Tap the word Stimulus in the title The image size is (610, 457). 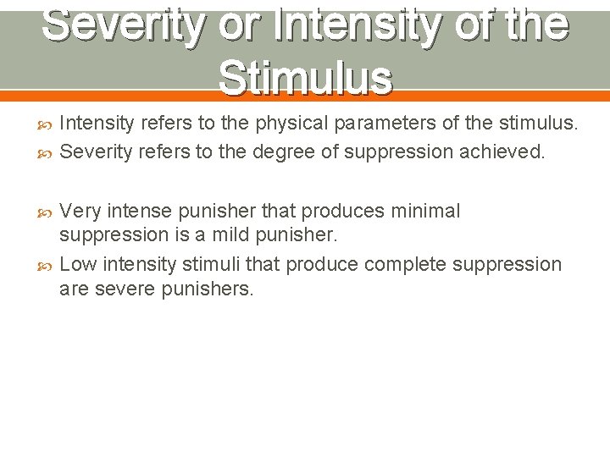click(x=305, y=78)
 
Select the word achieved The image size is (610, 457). click(x=503, y=151)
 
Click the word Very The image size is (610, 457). click(x=81, y=211)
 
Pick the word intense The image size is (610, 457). click(x=140, y=211)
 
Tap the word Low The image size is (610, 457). click(x=80, y=264)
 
